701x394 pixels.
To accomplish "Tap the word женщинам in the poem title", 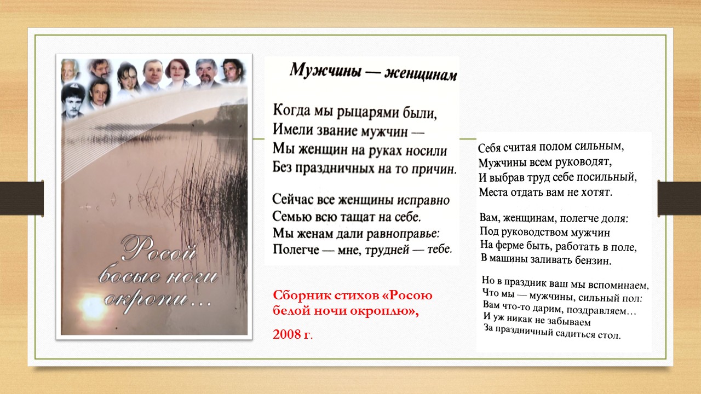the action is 421,74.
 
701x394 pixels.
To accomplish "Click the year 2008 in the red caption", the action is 286,334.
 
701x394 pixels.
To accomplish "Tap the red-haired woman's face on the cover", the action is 177,72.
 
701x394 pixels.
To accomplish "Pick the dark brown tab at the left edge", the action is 21,198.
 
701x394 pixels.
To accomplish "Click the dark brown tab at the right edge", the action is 679,198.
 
